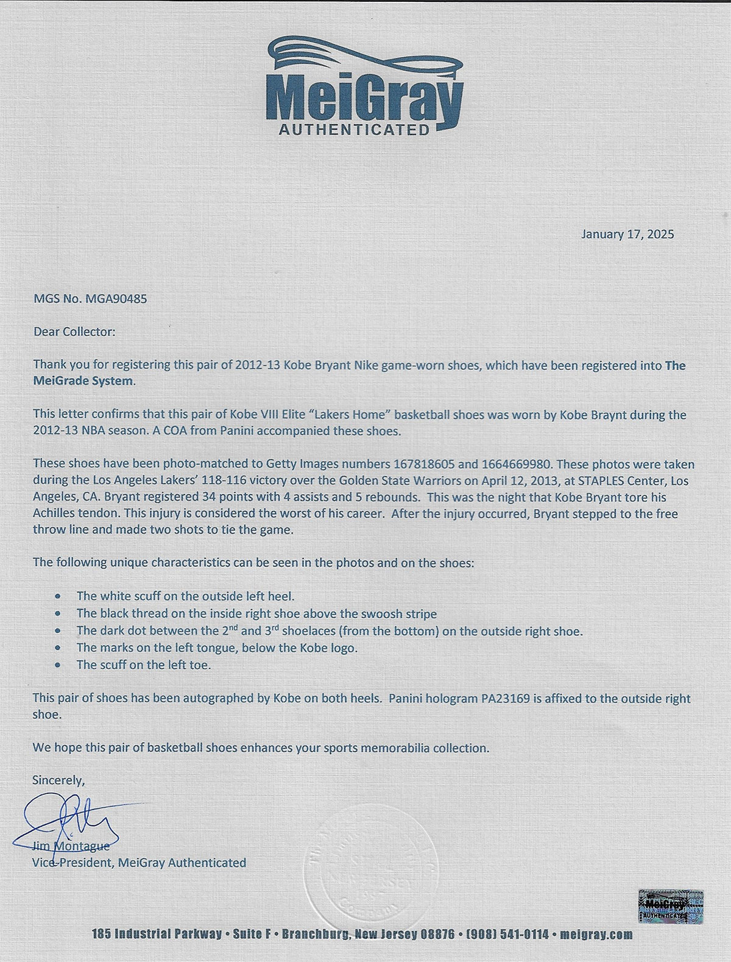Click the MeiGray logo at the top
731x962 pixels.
coord(364,85)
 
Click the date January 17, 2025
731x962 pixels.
coord(627,234)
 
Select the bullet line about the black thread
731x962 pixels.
coord(256,613)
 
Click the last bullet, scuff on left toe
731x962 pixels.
coord(144,664)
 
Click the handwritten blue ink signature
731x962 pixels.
coord(67,823)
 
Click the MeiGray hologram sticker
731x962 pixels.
coord(666,905)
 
